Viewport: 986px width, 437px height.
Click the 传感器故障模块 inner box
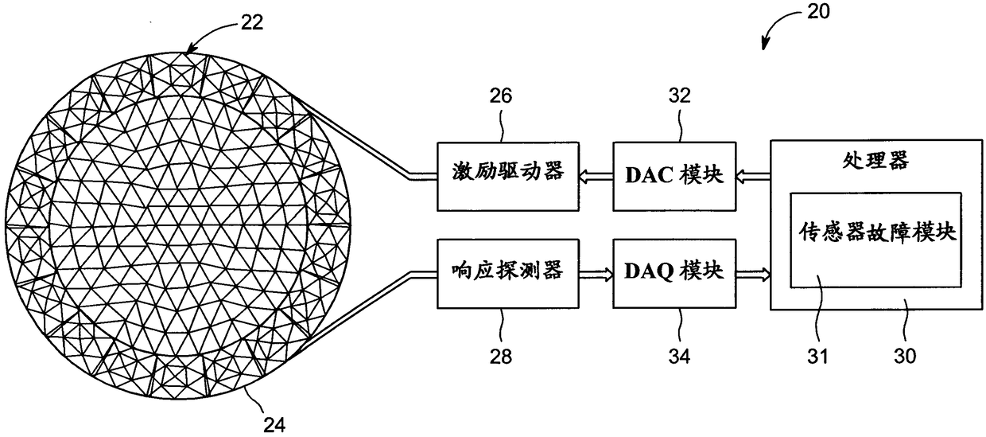point(875,238)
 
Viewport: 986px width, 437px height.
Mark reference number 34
point(679,355)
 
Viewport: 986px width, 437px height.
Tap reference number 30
point(904,355)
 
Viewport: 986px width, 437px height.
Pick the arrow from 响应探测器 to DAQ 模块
point(596,274)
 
